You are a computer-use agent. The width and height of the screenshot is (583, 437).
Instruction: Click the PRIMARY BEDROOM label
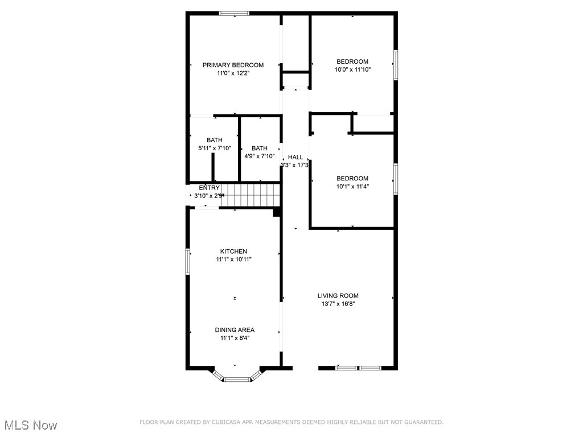[x=233, y=65]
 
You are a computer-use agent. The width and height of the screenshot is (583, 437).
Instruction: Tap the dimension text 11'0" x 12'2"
[x=233, y=73]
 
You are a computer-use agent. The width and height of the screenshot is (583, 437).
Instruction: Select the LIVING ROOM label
[x=338, y=295]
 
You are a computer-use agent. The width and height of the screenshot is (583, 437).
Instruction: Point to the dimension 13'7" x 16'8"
[x=338, y=304]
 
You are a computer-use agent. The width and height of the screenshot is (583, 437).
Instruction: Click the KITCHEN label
[x=233, y=251]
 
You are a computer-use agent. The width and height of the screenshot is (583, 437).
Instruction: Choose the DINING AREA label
[x=234, y=329]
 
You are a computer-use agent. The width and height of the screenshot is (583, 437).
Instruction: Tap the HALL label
[x=295, y=157]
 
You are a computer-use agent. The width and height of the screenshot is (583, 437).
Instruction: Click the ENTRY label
[x=209, y=188]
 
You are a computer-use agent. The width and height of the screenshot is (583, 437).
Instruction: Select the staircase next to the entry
[x=251, y=195]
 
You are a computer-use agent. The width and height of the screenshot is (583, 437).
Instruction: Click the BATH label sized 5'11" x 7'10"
[x=214, y=140]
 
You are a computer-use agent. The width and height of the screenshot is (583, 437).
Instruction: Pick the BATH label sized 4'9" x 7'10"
[x=259, y=148]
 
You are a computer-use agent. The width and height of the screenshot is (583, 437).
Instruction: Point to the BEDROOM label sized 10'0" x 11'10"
[x=352, y=61]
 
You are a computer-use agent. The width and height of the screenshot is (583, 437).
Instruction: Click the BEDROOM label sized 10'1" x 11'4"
[x=352, y=178]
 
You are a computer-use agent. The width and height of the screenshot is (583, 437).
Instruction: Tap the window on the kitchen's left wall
[x=187, y=261]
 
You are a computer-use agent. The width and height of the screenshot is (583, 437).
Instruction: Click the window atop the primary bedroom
[x=234, y=13]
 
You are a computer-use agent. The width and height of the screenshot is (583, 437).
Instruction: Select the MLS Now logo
[x=31, y=425]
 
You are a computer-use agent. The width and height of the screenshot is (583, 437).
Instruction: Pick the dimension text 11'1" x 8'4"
[x=234, y=338]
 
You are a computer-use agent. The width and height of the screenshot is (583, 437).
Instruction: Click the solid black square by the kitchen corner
[x=277, y=212]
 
